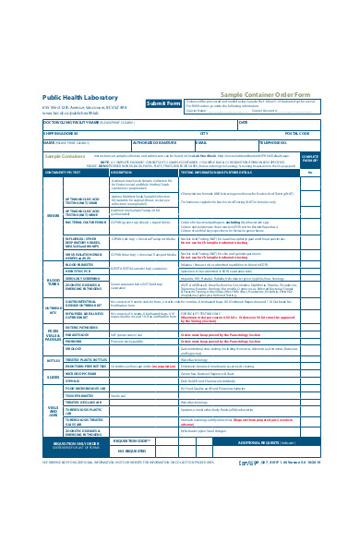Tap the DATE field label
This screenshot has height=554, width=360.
pos(244,122)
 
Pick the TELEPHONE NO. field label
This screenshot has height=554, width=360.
pos(273,143)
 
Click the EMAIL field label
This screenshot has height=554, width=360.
pos(201,143)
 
